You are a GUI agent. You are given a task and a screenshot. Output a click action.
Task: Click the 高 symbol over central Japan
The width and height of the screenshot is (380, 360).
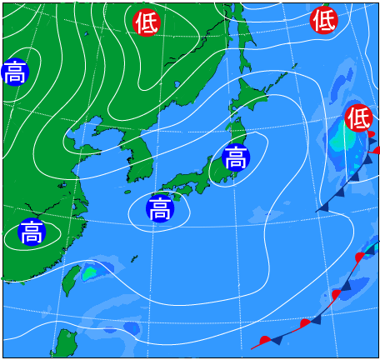236,156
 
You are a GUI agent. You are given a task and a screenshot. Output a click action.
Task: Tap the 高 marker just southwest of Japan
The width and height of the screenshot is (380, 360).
159,207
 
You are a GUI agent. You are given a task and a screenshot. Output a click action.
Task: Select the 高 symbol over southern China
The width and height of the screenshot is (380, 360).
31,231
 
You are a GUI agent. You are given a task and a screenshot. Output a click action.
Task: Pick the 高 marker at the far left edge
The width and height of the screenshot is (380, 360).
14,73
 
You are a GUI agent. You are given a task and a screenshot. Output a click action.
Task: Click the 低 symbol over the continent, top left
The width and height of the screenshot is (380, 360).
146,22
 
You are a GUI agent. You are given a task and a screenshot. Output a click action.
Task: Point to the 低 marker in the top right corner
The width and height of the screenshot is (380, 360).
324,19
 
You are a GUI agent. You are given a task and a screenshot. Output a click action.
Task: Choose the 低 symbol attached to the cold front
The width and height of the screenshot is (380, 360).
358,117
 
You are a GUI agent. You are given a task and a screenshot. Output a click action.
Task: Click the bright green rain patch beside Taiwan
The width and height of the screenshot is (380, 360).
89,272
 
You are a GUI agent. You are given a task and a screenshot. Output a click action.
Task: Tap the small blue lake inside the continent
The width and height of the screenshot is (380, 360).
177,84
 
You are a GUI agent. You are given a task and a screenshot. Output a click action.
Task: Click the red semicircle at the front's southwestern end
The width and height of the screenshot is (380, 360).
265,340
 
